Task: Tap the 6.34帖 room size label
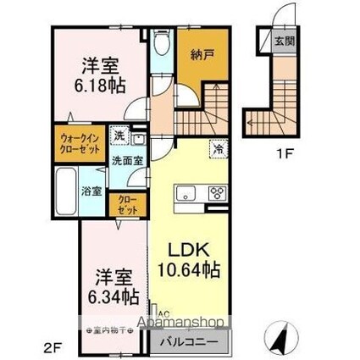pyautogui.click(x=113, y=297)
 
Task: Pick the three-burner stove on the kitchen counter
pyautogui.click(x=216, y=191)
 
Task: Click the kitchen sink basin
pyautogui.click(x=186, y=192)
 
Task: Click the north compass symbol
pyautogui.click(x=279, y=339)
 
